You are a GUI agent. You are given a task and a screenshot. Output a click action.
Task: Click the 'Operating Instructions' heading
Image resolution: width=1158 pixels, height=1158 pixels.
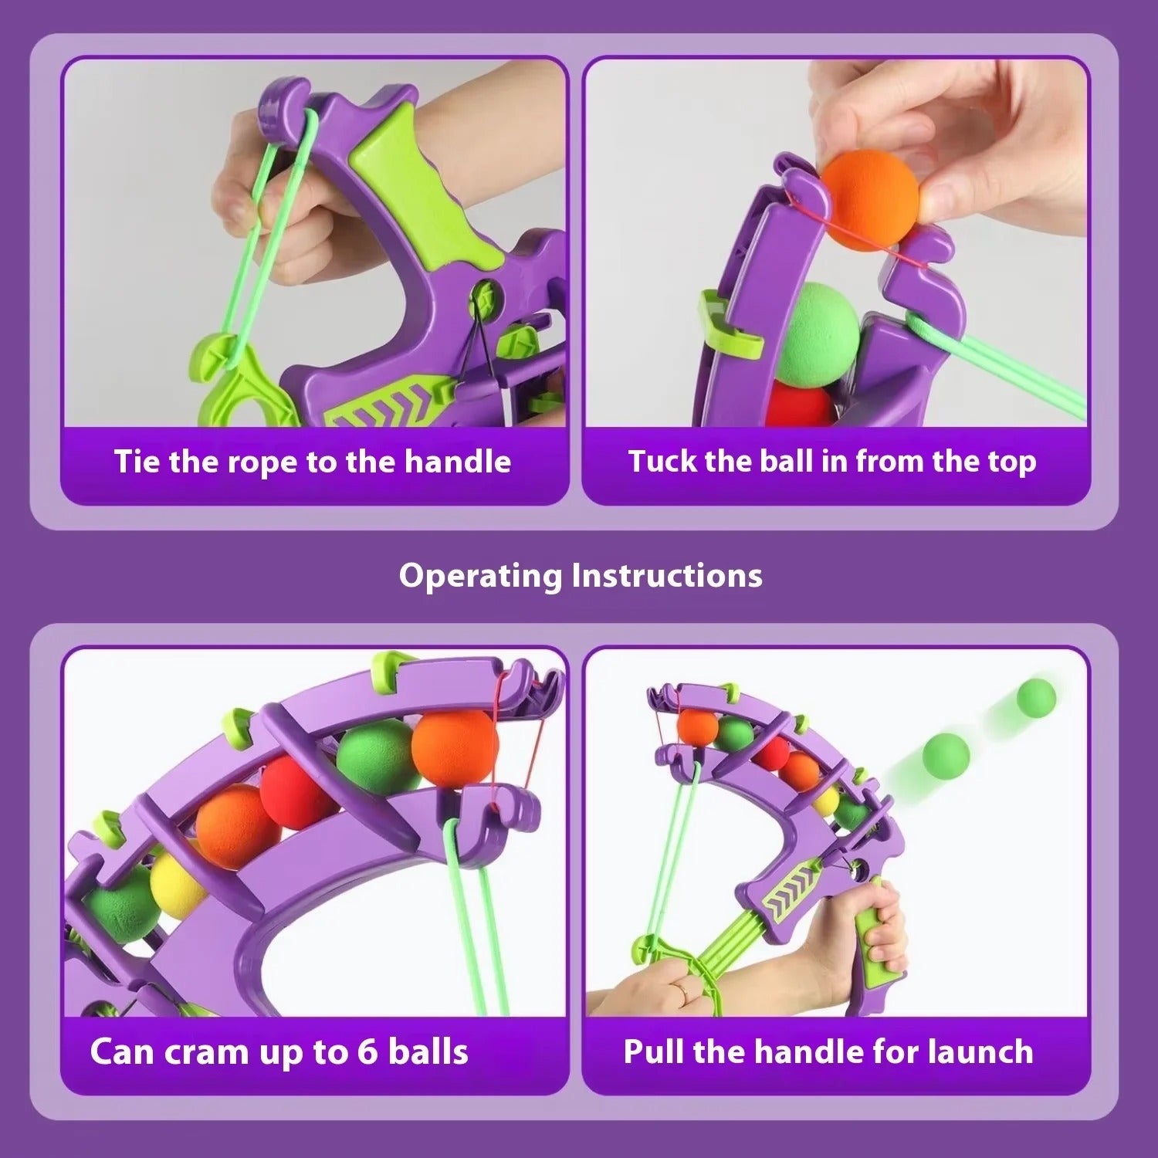click(x=581, y=576)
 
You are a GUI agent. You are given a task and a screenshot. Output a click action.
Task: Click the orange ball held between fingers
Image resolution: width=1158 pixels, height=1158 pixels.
click(x=869, y=199)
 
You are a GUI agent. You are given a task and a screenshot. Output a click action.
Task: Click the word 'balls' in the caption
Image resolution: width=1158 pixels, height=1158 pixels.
click(x=428, y=1052)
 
